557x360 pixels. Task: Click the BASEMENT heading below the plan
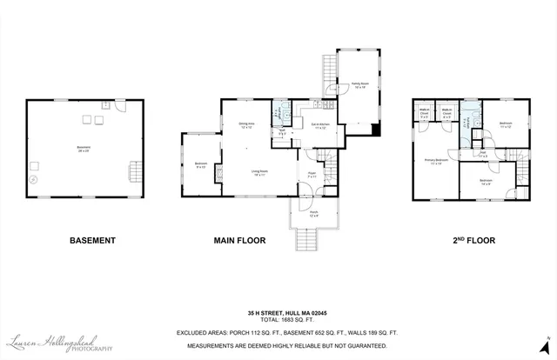[x=91, y=240]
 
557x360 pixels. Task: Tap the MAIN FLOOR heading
[x=239, y=240]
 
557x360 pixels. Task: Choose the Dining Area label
[x=246, y=125]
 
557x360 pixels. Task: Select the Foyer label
[x=311, y=175]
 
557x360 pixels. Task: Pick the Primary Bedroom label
[x=436, y=162]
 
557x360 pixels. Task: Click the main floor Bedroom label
[x=200, y=164]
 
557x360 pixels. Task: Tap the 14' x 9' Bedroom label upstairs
[x=485, y=182]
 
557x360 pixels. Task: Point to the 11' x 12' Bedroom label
[x=506, y=124]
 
